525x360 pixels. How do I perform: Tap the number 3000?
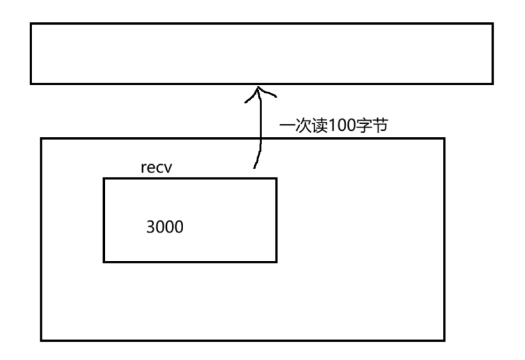point(164,226)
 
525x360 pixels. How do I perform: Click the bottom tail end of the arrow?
point(255,168)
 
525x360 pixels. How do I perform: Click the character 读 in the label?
point(315,126)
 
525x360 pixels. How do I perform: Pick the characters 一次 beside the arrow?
point(294,126)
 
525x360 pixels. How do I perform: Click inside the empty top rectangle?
point(261,54)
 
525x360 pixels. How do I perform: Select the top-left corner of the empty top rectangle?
point(31,24)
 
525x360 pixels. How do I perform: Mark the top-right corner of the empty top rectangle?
point(492,24)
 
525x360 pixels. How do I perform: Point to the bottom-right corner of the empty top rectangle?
point(492,83)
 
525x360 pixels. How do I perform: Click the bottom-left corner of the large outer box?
point(42,340)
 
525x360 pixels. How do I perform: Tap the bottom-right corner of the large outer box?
point(444,340)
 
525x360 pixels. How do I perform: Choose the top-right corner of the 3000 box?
point(276,179)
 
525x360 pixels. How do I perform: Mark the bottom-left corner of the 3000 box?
point(104,261)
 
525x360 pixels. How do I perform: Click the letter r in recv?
point(144,170)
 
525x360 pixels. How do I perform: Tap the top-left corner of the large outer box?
point(42,138)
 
